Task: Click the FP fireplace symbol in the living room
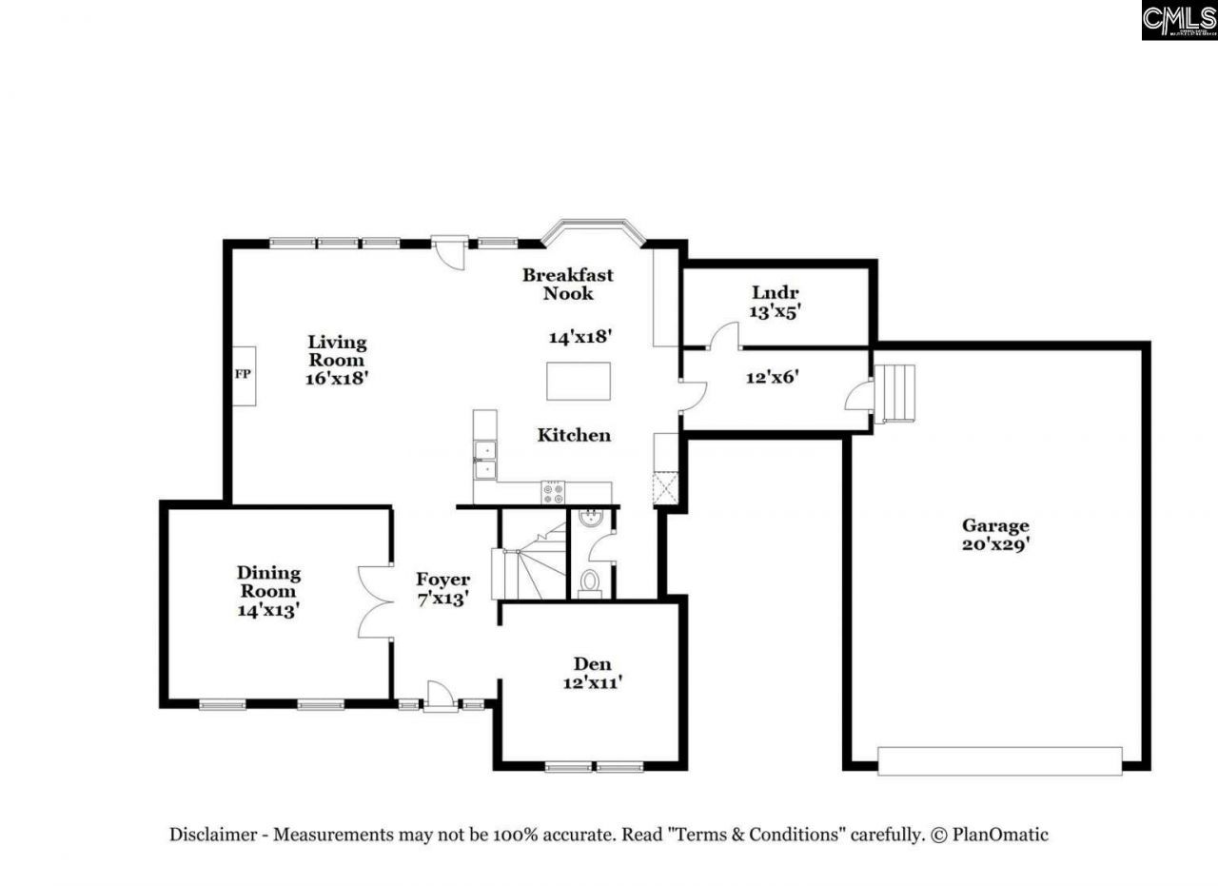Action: tap(242, 374)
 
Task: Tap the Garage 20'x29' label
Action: tap(995, 535)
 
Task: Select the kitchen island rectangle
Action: tap(578, 381)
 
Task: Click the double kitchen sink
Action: tap(484, 459)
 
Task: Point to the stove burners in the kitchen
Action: tap(553, 492)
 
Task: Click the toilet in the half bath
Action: tap(590, 581)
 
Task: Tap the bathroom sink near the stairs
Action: tap(588, 520)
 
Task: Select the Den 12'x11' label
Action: tap(592, 673)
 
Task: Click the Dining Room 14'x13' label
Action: tap(268, 591)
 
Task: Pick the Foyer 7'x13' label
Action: tap(442, 589)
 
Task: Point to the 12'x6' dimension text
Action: tap(771, 376)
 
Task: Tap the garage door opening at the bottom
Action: tap(999, 760)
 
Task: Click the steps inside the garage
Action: tap(895, 393)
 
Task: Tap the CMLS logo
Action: tap(1179, 20)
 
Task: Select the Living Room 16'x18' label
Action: tap(336, 359)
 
